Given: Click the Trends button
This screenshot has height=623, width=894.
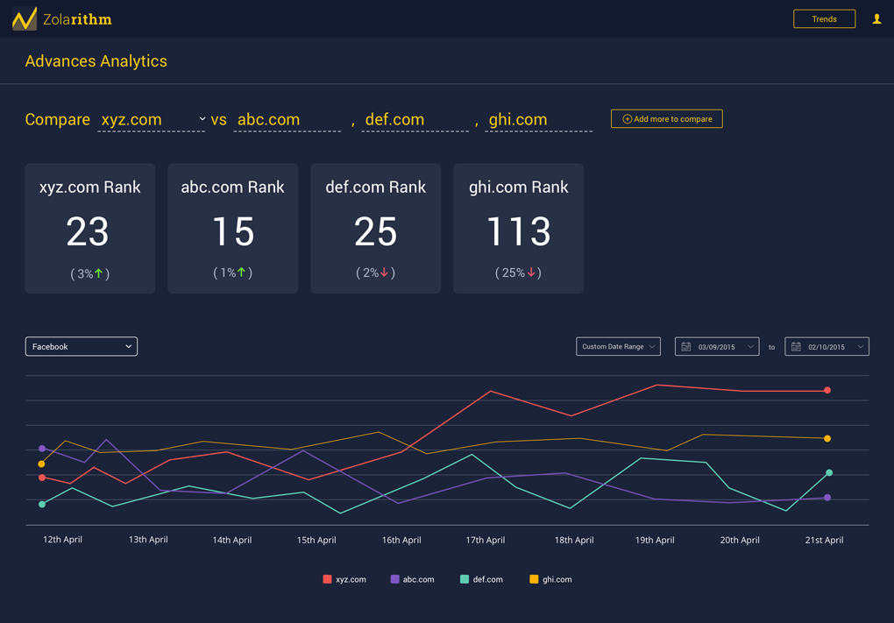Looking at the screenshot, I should tap(824, 18).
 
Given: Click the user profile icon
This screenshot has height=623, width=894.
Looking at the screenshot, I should tap(876, 18).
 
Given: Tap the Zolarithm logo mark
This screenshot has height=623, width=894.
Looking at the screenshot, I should tap(25, 18).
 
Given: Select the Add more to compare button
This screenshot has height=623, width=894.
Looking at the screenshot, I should tap(666, 118).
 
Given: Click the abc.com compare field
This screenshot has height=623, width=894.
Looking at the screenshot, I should tap(287, 119).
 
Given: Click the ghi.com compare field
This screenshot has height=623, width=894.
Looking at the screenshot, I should tap(538, 119).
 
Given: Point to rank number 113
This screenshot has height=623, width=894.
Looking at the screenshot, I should tap(518, 231).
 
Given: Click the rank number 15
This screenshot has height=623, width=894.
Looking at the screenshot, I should tap(232, 231).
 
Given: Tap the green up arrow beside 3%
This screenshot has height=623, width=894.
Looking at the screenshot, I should tap(99, 273).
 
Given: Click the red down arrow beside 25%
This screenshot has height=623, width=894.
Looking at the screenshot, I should tap(531, 273).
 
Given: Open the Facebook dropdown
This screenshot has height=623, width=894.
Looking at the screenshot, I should tap(82, 346).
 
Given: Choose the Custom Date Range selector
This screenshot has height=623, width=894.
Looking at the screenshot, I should tap(618, 346).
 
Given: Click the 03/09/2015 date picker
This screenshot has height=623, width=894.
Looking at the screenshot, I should tap(717, 346).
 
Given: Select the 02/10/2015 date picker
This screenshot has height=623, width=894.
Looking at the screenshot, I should tap(827, 346).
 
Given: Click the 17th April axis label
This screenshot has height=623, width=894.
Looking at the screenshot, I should tap(485, 540).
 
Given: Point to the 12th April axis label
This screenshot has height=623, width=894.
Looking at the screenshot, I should tap(62, 540).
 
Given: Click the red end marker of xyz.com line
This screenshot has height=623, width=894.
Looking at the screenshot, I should tap(827, 390).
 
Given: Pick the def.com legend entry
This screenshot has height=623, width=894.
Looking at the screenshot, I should tap(481, 579).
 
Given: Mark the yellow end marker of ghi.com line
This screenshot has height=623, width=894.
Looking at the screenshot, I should tap(827, 438).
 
